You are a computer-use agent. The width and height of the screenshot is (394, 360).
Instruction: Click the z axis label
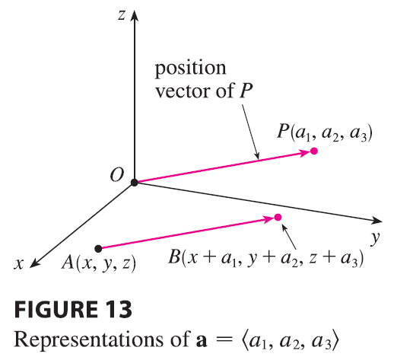(122, 15)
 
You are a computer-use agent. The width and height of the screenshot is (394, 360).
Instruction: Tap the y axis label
(375, 238)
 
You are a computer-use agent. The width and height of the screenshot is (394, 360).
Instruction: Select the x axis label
(19, 264)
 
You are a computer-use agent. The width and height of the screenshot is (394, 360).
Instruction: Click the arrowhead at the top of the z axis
(135, 16)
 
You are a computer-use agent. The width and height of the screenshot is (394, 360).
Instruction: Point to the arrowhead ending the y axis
(377, 221)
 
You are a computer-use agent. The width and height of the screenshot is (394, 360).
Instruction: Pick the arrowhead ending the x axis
(35, 263)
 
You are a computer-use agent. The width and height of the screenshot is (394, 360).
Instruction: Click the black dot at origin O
(134, 183)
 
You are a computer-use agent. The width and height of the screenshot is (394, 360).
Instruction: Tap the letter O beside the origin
(117, 175)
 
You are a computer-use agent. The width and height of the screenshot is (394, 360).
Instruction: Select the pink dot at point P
(314, 151)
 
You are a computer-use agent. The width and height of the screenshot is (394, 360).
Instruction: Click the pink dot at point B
(278, 218)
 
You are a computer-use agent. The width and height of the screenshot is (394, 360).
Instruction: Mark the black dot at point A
(98, 249)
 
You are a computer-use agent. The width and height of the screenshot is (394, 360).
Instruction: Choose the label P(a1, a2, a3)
(325, 132)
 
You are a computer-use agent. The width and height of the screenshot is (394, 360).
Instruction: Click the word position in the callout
(190, 69)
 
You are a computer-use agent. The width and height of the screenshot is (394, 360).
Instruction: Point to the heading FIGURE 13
(73, 309)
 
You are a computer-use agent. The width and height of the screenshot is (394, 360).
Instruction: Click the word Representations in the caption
(89, 340)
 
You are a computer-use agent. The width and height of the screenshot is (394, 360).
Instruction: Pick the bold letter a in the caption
(202, 341)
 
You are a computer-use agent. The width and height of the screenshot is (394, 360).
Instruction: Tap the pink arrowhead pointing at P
(304, 154)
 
